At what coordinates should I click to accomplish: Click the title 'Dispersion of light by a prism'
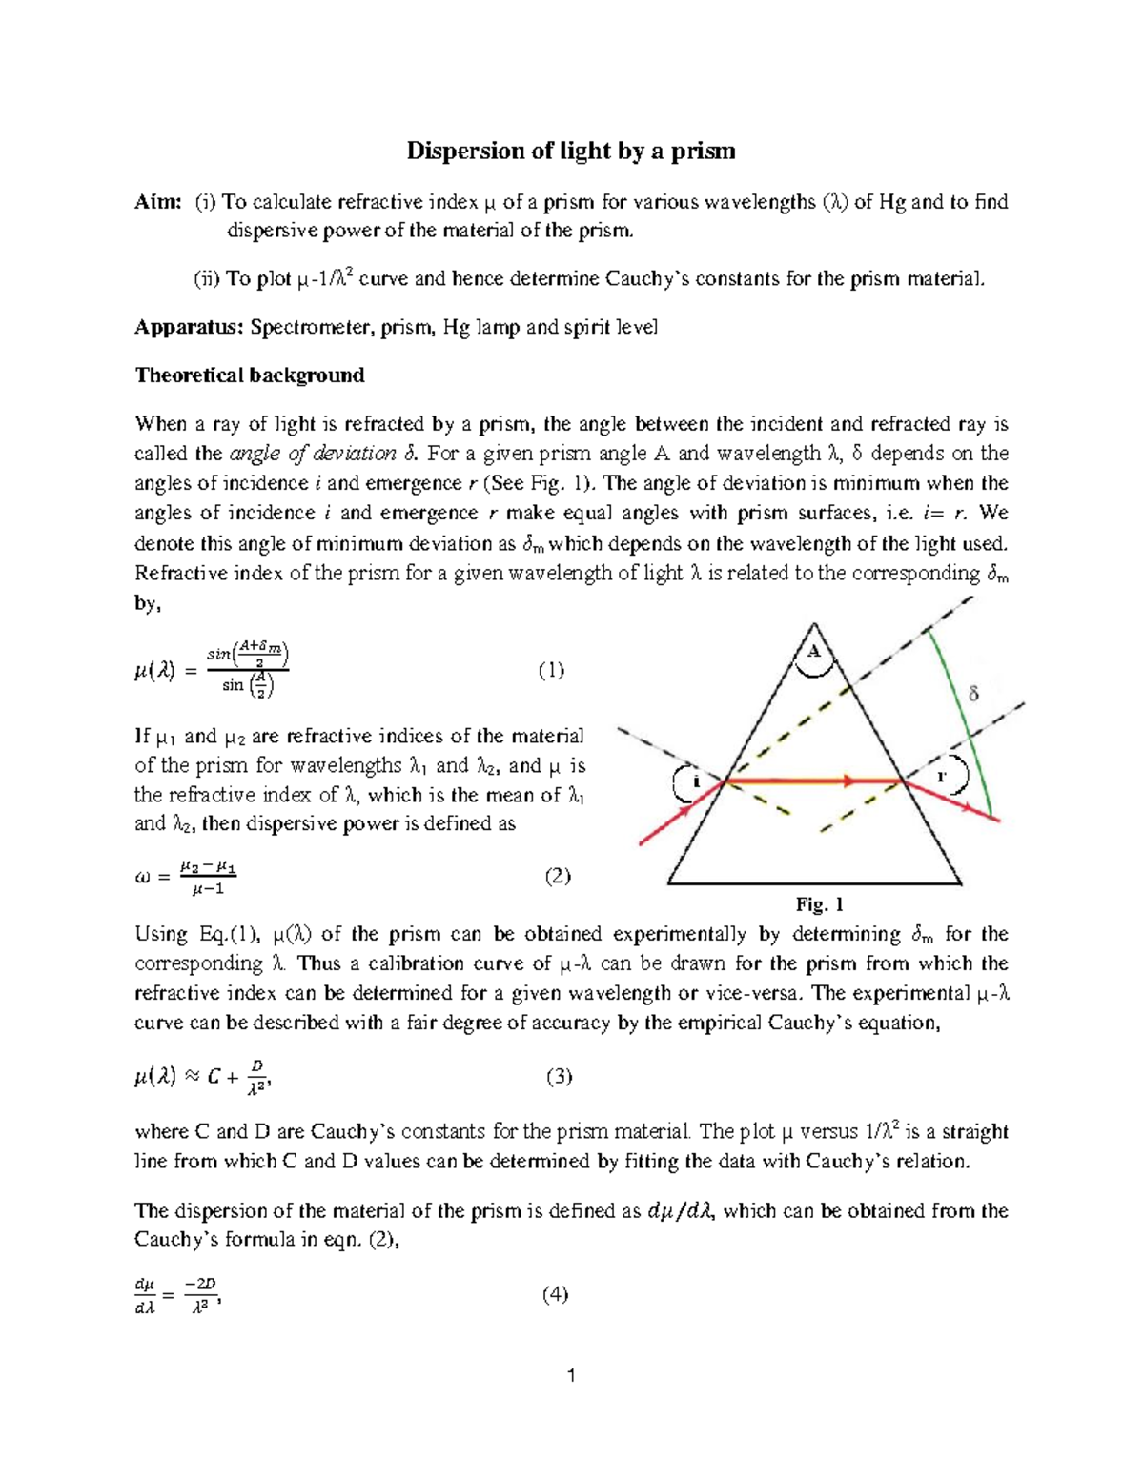pos(571,151)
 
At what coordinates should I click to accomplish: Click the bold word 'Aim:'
pos(157,201)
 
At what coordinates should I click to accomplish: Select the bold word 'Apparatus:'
pos(189,328)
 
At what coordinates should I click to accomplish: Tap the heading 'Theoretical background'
pos(250,375)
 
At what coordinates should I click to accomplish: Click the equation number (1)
pos(550,670)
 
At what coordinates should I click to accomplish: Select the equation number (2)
pos(557,877)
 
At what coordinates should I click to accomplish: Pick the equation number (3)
pos(559,1077)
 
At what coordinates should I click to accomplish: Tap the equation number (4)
pos(555,1294)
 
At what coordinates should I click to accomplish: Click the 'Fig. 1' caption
pos(819,904)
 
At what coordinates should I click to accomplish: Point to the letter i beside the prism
pos(696,781)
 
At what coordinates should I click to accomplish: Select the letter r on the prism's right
pos(942,777)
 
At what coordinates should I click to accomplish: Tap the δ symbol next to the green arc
pos(973,695)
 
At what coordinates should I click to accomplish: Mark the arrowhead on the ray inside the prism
pos(844,781)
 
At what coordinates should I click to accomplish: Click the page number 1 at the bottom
pos(571,1375)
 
